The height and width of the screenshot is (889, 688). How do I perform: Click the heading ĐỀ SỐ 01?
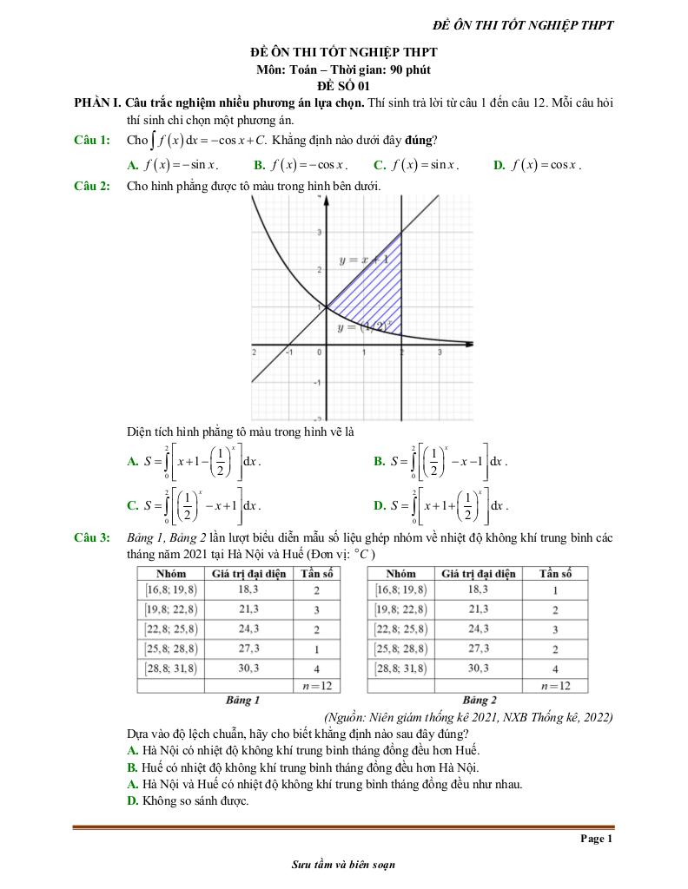tap(343, 85)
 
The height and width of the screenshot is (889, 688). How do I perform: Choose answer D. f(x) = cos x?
tap(536, 164)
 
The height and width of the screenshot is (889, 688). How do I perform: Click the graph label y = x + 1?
tap(363, 260)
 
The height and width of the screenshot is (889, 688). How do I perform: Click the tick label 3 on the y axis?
tap(319, 232)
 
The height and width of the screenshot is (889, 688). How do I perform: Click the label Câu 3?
tap(91, 538)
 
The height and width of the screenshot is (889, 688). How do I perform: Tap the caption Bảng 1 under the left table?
tap(242, 700)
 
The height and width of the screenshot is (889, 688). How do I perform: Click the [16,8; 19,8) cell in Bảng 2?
tap(401, 590)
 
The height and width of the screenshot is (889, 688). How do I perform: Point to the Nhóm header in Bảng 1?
tap(170, 574)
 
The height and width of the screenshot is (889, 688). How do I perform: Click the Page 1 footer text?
tap(597, 839)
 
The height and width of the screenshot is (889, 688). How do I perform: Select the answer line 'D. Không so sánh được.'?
tap(188, 800)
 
